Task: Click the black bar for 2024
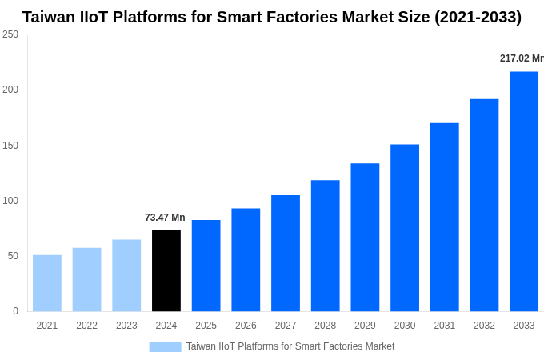click(166, 271)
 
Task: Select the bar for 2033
click(524, 191)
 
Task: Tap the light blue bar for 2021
click(47, 283)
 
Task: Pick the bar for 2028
click(326, 246)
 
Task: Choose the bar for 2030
click(405, 228)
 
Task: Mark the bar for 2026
click(246, 260)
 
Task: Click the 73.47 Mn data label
click(165, 218)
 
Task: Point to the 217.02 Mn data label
click(521, 58)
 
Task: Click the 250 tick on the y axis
click(10, 34)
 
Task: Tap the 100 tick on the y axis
click(10, 201)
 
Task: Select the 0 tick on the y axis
click(15, 311)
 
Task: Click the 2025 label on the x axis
click(206, 326)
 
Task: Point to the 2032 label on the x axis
click(484, 326)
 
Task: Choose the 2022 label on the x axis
click(87, 326)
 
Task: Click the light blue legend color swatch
click(165, 346)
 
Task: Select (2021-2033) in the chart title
click(478, 17)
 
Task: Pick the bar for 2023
click(126, 275)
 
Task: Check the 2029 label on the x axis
click(365, 326)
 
